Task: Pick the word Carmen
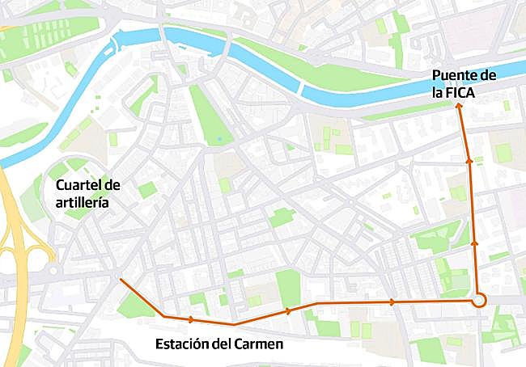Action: (260, 344)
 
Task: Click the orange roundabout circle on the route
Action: (478, 301)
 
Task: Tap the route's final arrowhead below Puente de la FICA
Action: (460, 105)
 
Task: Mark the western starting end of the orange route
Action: (120, 280)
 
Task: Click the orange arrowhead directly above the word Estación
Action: (193, 318)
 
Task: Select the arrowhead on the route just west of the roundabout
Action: (392, 302)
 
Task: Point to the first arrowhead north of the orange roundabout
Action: (475, 241)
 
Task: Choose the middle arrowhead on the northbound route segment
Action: (469, 162)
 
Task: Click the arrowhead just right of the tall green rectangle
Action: (288, 310)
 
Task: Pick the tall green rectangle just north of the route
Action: (287, 288)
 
